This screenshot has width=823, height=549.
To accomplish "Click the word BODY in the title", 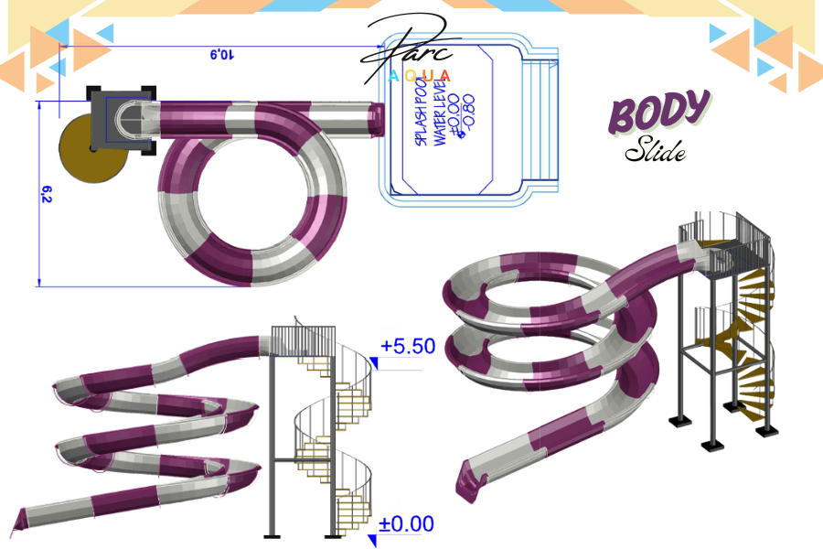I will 658,113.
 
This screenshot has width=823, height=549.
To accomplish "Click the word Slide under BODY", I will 655,151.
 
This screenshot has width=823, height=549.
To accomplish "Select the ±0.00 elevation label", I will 407,523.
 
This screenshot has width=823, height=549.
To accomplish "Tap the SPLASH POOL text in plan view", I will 422,112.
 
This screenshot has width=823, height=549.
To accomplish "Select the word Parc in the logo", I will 411,46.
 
